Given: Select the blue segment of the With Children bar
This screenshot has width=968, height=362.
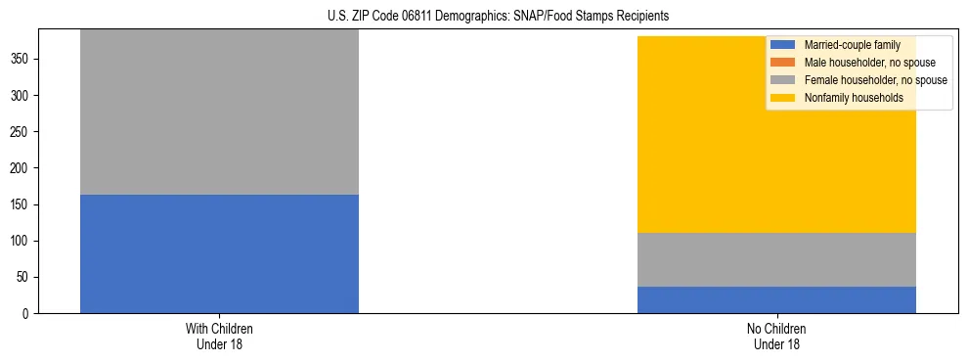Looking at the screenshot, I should (x=219, y=253).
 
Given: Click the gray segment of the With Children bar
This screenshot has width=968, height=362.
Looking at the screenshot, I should (x=219, y=112).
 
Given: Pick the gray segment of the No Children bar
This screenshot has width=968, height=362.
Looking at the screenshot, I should (x=776, y=259).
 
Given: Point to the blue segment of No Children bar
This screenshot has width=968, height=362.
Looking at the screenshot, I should (x=776, y=299).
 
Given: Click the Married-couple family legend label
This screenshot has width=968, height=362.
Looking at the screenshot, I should (x=852, y=45).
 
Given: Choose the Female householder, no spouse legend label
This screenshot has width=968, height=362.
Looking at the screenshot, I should (x=875, y=80).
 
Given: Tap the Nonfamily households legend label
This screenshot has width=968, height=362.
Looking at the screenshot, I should (x=854, y=98).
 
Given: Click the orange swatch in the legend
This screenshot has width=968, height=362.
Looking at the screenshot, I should (x=783, y=63).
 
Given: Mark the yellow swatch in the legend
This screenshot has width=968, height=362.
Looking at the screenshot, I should (x=783, y=98).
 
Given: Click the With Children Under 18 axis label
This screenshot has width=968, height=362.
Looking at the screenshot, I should (x=219, y=337).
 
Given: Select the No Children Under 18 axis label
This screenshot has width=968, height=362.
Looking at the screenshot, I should (x=776, y=337).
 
